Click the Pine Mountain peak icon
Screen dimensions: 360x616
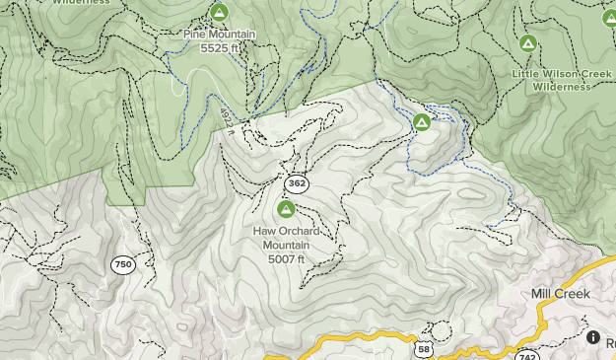pyautogui.click(x=219, y=13)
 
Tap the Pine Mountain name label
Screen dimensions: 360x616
pyautogui.click(x=219, y=35)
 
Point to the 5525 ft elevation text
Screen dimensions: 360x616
pyautogui.click(x=219, y=47)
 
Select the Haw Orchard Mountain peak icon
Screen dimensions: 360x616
pyautogui.click(x=286, y=209)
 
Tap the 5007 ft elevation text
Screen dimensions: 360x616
pyautogui.click(x=286, y=259)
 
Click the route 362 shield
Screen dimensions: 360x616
pyautogui.click(x=296, y=183)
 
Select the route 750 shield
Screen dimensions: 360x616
pyautogui.click(x=122, y=264)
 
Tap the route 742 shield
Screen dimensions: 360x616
pyautogui.click(x=525, y=354)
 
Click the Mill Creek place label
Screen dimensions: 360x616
pyautogui.click(x=559, y=294)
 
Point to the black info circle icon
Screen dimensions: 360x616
pyautogui.click(x=593, y=336)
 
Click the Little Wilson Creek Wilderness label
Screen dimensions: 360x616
pyautogui.click(x=547, y=80)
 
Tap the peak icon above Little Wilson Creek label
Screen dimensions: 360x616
pyautogui.click(x=528, y=43)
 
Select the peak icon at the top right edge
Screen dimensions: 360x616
pyautogui.click(x=608, y=17)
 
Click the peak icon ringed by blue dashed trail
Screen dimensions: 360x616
pyautogui.click(x=422, y=122)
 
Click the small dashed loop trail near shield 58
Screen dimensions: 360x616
pyautogui.click(x=440, y=330)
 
